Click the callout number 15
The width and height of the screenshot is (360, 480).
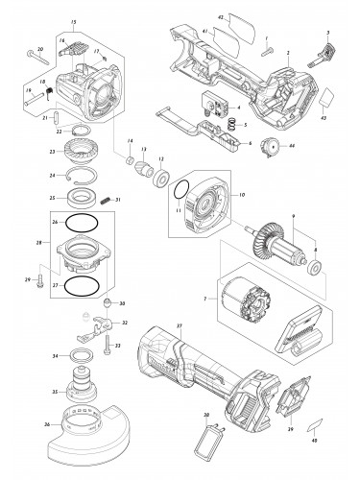74,21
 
